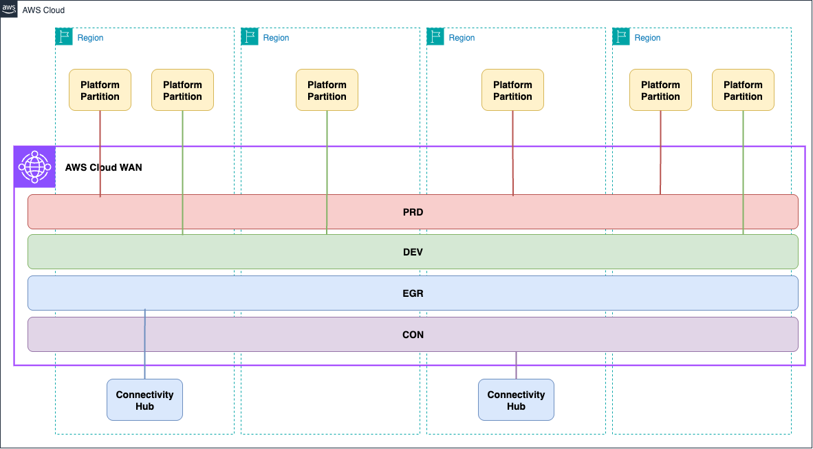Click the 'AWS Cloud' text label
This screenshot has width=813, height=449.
[x=43, y=10]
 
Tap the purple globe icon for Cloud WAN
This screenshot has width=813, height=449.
[x=34, y=167]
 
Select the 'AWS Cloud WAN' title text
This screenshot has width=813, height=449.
[x=103, y=167]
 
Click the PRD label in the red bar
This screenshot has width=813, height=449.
[x=413, y=212]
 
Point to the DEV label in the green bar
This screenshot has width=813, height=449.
[x=413, y=252]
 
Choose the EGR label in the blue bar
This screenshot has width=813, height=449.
[x=413, y=293]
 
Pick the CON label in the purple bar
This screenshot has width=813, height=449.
[x=413, y=335]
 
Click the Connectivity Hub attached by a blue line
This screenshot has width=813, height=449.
[x=144, y=400]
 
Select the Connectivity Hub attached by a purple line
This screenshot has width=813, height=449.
[x=516, y=400]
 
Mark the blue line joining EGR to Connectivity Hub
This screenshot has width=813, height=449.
[x=144, y=344]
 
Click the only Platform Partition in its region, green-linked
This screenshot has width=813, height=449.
[x=327, y=90]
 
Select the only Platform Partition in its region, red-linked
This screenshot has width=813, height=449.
[x=512, y=90]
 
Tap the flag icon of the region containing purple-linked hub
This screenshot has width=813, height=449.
[x=435, y=37]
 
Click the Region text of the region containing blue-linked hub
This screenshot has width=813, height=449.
[x=90, y=38]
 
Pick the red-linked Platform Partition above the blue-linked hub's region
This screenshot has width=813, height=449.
[x=100, y=90]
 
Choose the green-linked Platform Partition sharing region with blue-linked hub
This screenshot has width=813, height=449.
[x=182, y=90]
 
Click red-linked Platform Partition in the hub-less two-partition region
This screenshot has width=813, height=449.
[x=660, y=90]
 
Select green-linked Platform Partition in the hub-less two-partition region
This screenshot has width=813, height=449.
[x=743, y=90]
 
